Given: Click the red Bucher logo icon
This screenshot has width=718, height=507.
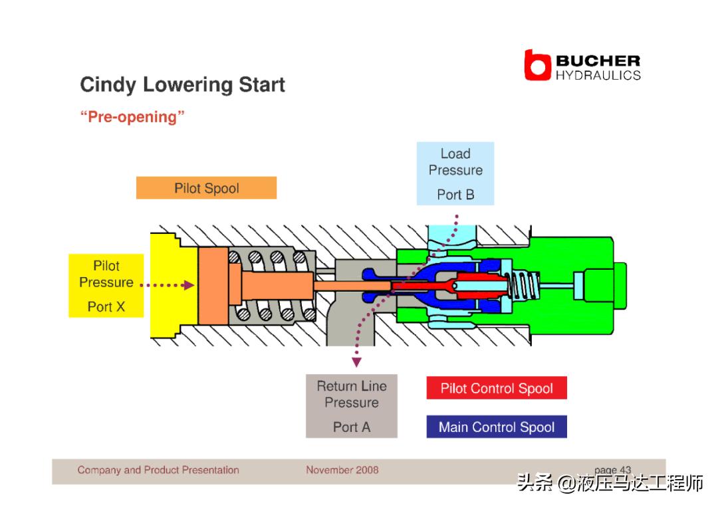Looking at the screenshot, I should click(537, 65).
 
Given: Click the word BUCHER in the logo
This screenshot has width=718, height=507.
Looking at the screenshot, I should click(598, 61).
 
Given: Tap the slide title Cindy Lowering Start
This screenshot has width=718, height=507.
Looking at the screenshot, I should click(182, 85).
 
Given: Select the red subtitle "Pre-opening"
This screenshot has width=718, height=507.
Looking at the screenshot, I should click(132, 117).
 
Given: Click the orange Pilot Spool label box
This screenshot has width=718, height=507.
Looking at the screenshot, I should click(206, 188).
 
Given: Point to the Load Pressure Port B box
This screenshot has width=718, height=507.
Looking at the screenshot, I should click(455, 173).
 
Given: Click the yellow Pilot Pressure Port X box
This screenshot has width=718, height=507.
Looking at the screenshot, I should click(106, 285).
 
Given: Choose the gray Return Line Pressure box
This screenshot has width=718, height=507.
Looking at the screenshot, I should click(351, 405).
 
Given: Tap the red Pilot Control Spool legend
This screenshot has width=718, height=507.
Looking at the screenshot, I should click(497, 389).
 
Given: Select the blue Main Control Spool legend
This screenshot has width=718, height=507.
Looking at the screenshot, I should click(497, 427).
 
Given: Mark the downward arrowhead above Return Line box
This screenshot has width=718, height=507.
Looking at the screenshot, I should click(356, 362).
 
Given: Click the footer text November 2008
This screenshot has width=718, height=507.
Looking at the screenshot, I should click(342, 470).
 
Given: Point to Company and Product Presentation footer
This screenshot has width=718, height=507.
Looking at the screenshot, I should click(158, 470).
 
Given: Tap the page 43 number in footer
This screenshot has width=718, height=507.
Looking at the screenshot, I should click(612, 470).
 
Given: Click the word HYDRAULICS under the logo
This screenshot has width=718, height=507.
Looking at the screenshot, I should click(598, 75).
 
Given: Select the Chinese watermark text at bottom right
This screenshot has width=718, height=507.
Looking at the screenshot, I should click(610, 484).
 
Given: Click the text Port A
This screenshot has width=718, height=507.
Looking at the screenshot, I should click(351, 427).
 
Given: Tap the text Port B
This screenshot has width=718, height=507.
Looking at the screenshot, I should click(455, 195).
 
